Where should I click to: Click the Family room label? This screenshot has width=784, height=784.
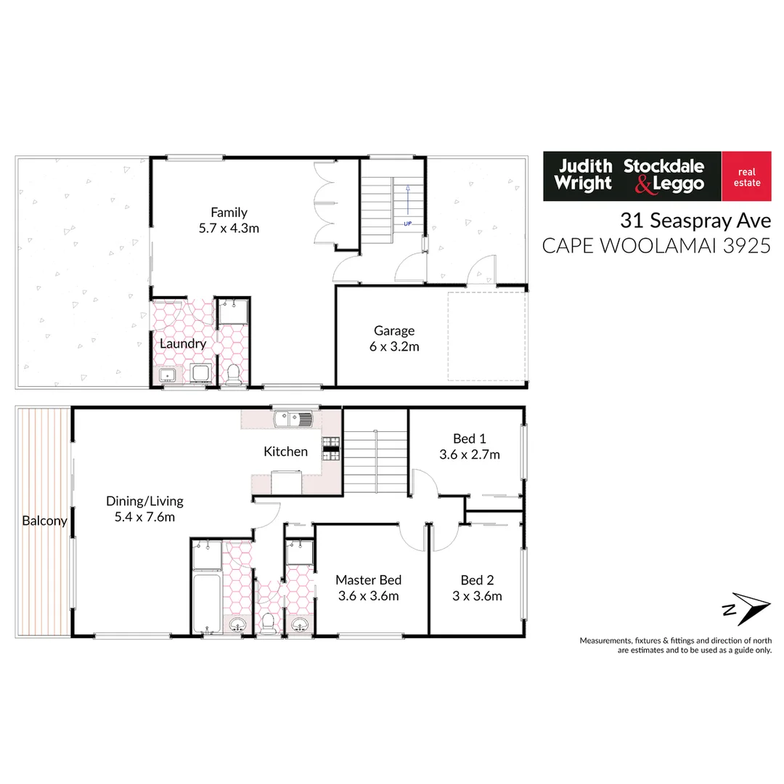click(x=229, y=213)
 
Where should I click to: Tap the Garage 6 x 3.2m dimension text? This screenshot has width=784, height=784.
click(x=394, y=346)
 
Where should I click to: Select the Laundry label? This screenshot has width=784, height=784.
click(x=183, y=343)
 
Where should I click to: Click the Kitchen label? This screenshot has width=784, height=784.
click(x=285, y=452)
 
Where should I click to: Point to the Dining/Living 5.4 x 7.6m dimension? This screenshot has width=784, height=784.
click(x=144, y=517)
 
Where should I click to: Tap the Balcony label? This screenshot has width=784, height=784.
click(x=44, y=520)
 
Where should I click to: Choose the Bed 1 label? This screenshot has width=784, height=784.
click(x=469, y=438)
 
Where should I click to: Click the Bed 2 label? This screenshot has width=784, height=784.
click(x=477, y=580)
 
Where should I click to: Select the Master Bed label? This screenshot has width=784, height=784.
click(x=368, y=580)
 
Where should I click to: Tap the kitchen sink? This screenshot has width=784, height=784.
click(x=292, y=419)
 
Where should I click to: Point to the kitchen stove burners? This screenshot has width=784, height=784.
click(x=331, y=449)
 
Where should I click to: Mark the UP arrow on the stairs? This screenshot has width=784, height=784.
click(x=408, y=203)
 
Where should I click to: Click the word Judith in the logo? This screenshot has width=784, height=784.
click(x=585, y=166)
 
